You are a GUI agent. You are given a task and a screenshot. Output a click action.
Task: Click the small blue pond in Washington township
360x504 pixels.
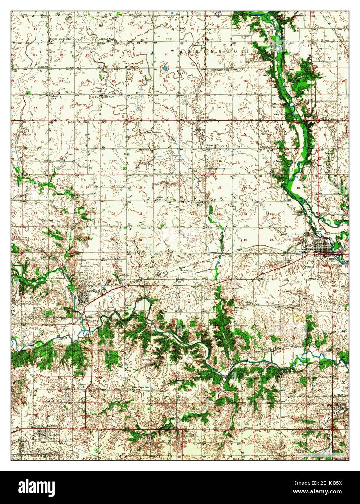[165, 68]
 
